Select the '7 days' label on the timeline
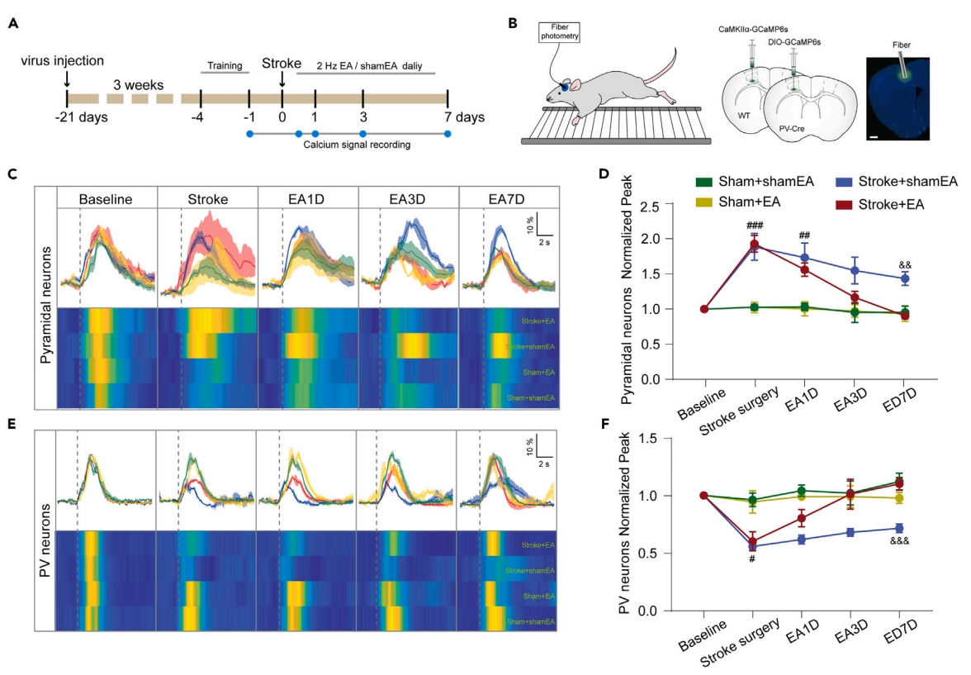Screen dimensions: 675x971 click(x=459, y=116)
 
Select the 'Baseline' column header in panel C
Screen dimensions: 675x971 click(x=107, y=199)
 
